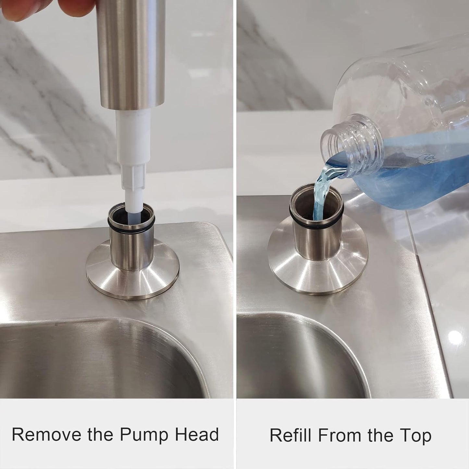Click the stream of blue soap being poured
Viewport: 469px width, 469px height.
321,191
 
